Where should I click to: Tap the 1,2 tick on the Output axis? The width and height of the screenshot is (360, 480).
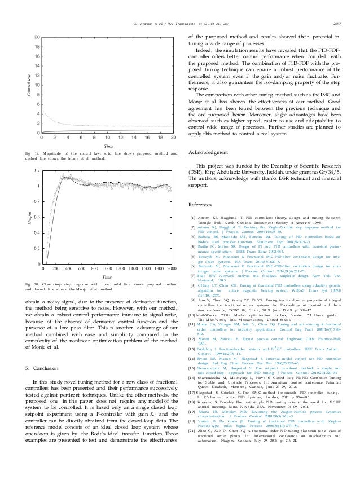point(36,169)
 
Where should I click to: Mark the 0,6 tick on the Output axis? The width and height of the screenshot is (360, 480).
point(36,217)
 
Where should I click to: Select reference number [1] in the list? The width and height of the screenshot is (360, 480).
point(193,217)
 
